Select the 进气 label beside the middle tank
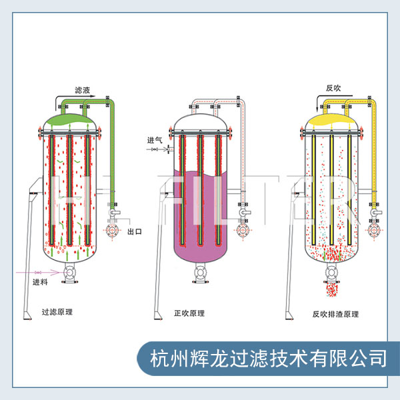(155, 140)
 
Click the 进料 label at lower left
(40, 283)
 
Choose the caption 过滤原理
(57, 312)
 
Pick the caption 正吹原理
(189, 313)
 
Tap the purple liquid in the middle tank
(201, 213)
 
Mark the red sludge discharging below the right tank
(331, 289)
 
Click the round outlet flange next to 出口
(111, 231)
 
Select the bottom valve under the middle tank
(201, 273)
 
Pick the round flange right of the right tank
(373, 231)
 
